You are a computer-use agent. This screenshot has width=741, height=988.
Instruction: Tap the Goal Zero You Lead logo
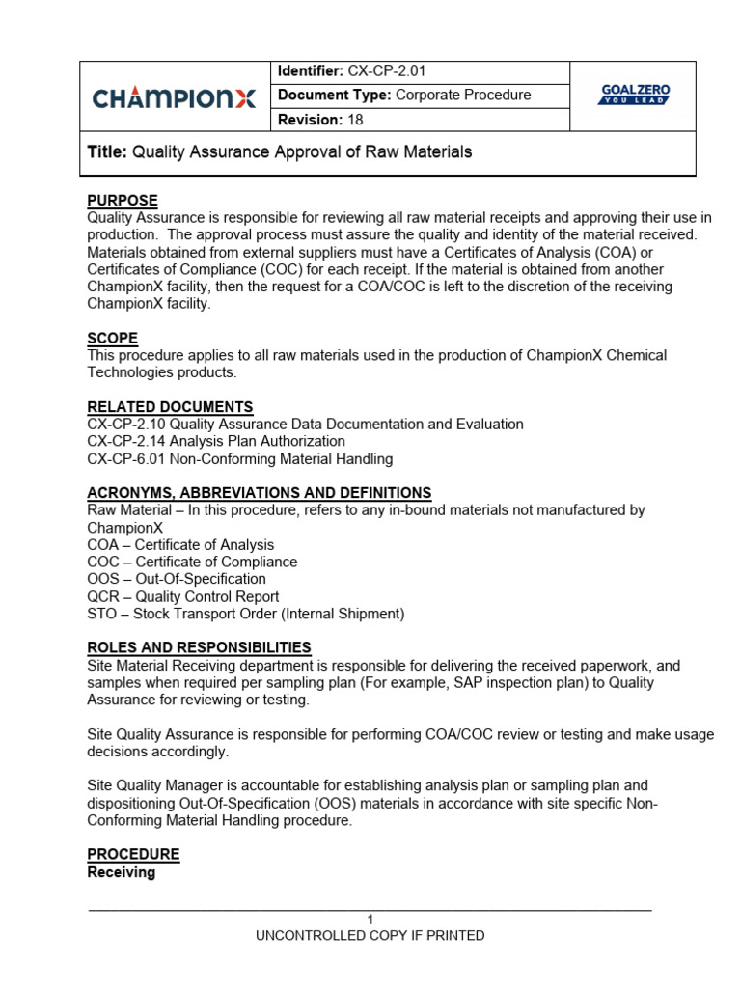(634, 95)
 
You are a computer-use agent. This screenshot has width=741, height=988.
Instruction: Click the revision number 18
(354, 120)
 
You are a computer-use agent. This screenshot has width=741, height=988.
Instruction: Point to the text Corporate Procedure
(463, 95)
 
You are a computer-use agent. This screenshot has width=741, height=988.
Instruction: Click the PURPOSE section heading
(123, 200)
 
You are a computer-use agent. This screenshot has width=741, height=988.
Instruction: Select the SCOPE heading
(112, 339)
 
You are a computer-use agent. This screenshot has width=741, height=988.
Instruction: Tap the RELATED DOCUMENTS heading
(170, 407)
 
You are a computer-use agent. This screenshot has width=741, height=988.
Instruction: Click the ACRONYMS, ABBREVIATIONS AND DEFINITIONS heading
(259, 493)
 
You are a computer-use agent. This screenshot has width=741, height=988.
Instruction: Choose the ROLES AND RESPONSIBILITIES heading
(199, 647)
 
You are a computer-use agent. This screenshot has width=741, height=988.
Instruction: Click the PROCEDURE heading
(133, 855)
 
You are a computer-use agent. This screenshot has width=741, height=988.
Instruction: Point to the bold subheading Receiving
(121, 872)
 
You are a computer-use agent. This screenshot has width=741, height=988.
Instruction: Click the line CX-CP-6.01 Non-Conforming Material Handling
(239, 459)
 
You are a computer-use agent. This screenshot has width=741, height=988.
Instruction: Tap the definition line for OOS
(176, 579)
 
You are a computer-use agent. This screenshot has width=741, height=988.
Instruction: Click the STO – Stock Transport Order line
(245, 614)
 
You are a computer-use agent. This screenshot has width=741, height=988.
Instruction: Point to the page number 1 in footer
(370, 919)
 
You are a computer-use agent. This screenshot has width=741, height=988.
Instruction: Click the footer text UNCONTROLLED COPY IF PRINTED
(370, 936)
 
